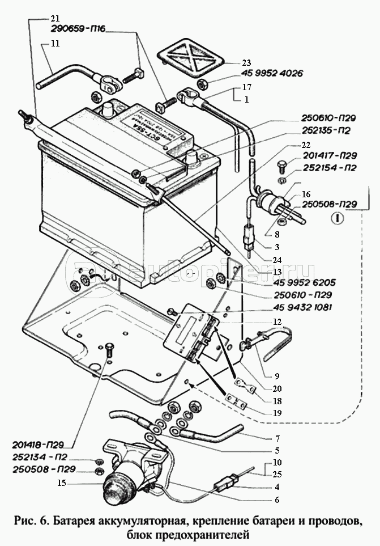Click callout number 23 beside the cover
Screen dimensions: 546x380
[x=246, y=62]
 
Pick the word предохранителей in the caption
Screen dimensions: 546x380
[x=217, y=534]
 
